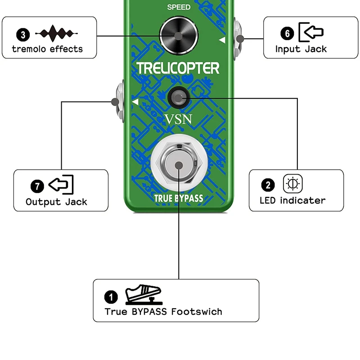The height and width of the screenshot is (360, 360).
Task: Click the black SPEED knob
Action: tap(179, 36)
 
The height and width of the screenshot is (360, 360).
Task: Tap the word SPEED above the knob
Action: tap(179, 7)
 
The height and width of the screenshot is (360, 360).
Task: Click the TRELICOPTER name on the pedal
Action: tap(178, 68)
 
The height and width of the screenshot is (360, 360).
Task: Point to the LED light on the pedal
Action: tap(179, 96)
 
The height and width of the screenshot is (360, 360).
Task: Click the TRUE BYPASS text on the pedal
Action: tap(179, 198)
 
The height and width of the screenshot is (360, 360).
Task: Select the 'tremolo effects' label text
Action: tap(47, 49)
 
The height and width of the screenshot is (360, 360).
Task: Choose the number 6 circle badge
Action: tap(288, 33)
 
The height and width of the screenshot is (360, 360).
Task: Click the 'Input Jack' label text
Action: tap(301, 49)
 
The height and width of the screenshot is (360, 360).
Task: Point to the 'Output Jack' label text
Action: tap(56, 202)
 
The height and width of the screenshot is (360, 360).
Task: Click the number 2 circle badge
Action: tap(268, 185)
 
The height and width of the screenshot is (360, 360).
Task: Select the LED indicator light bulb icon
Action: tap(293, 184)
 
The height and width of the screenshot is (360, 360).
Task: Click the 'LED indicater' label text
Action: tap(292, 200)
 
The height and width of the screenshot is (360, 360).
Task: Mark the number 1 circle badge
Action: tap(111, 297)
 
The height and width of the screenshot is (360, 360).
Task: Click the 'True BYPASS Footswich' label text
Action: tap(163, 311)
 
